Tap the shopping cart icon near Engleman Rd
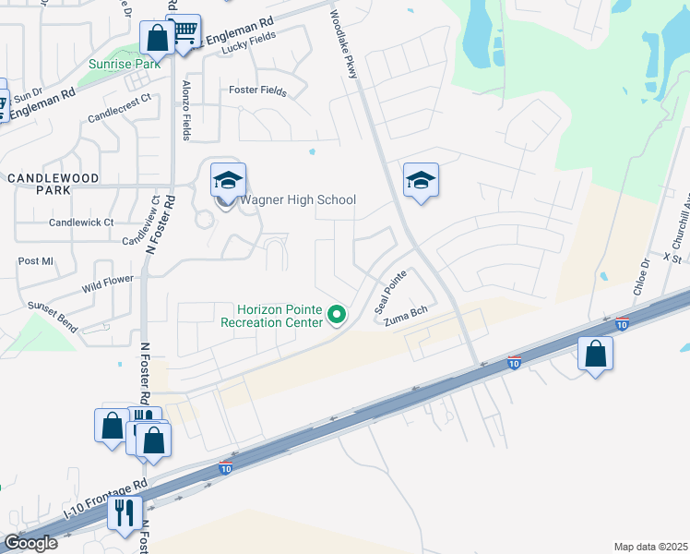[184, 32]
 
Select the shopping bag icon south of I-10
[595, 353]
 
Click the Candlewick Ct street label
[81, 223]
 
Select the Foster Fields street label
[257, 91]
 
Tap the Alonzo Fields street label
[187, 109]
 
